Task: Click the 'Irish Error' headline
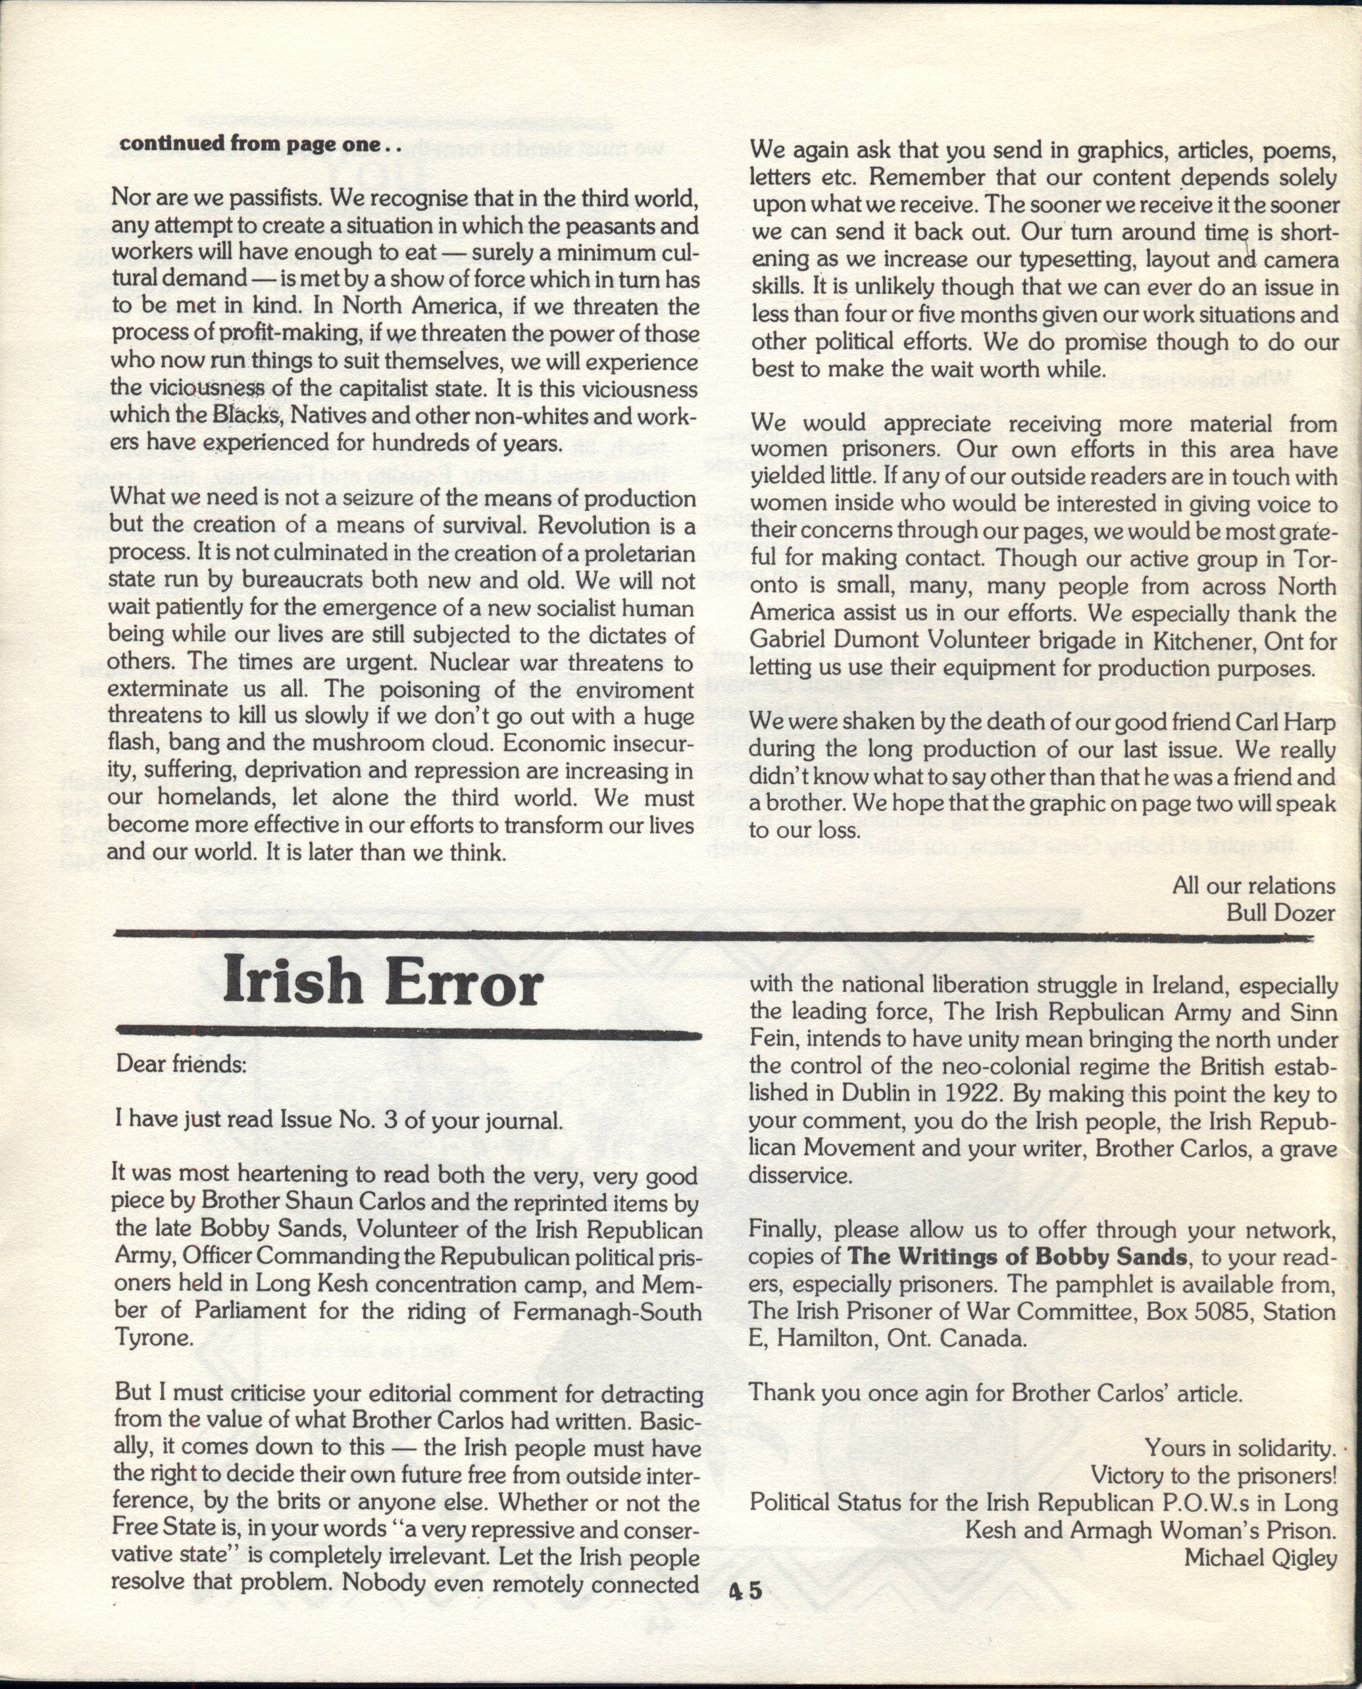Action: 383,983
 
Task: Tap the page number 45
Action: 745,1591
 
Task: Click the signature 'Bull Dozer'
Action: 1280,912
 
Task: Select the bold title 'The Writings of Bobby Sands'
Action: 1018,1256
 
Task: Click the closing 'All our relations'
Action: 1253,885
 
